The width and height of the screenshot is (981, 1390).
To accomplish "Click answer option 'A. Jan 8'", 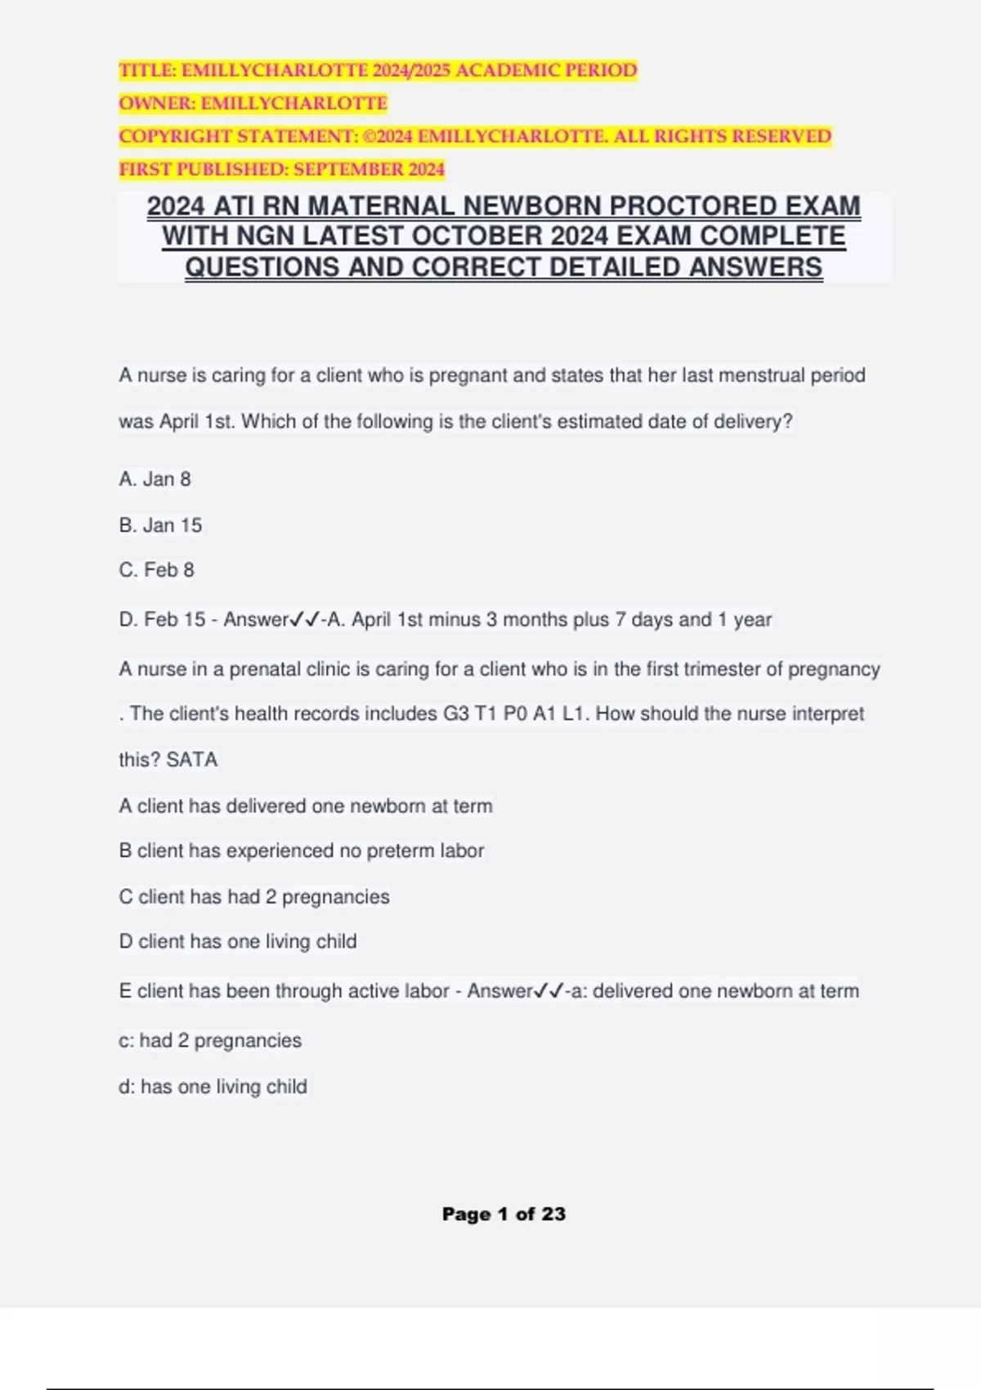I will tap(155, 479).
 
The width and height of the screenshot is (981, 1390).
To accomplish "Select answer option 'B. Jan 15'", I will tap(160, 525).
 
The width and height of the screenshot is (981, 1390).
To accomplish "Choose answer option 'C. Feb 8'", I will tap(156, 570).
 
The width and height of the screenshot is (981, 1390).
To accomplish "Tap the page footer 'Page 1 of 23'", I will tap(504, 1214).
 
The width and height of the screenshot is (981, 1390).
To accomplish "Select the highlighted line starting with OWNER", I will tap(253, 104).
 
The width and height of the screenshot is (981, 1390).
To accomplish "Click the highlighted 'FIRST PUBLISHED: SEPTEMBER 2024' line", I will tap(281, 170).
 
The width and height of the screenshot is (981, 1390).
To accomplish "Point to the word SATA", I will tap(192, 760).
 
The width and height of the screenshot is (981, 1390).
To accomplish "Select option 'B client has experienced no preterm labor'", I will tap(301, 851).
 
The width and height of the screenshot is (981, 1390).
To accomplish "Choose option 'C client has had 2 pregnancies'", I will tap(253, 897).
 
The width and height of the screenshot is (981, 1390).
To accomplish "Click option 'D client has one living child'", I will tap(237, 942).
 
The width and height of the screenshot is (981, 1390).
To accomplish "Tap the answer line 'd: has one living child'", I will tap(213, 1087).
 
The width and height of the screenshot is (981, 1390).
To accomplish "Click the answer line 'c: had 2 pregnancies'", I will tap(209, 1041).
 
